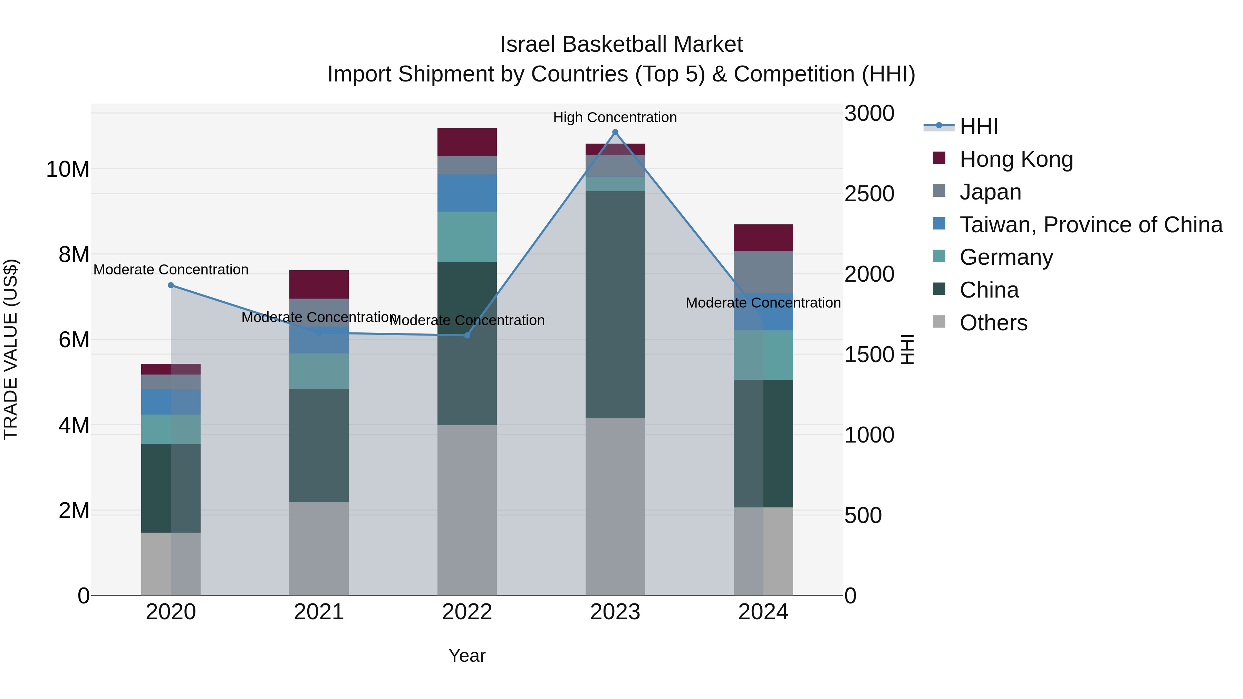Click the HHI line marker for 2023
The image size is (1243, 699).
[x=615, y=132]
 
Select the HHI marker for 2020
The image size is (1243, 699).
[x=171, y=285]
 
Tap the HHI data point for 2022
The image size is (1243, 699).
[x=466, y=335]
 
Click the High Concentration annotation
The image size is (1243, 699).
[x=615, y=117]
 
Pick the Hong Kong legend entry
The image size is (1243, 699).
[x=1016, y=159]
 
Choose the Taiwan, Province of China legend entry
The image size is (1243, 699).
[x=1090, y=225]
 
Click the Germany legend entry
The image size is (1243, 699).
[x=1006, y=257]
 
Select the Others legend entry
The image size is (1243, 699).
[x=993, y=323]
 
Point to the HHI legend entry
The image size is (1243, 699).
[x=978, y=126]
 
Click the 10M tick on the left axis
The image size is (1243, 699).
[x=68, y=169]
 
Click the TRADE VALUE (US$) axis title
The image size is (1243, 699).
[x=11, y=349]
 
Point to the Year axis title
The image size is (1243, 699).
[x=466, y=656]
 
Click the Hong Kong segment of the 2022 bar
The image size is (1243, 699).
[x=466, y=142]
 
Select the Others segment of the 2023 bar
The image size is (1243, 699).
[x=615, y=506]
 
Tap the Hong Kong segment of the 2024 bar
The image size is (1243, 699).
[x=763, y=237]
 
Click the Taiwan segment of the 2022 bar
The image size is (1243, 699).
[x=466, y=193]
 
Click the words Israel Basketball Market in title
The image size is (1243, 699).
[x=621, y=45]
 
